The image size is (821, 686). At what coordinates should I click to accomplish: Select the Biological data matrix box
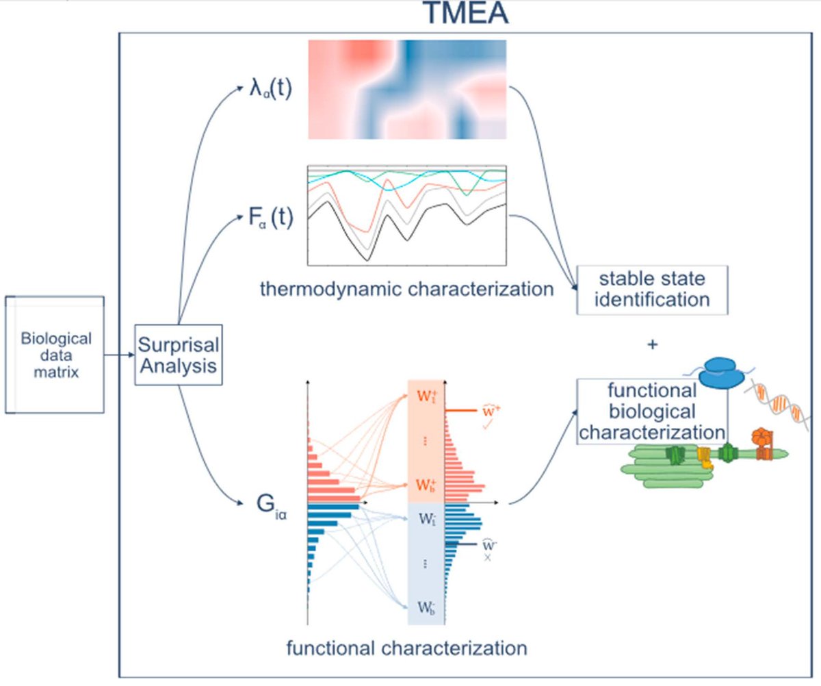(55, 355)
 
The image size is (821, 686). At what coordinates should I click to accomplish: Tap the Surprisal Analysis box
(179, 355)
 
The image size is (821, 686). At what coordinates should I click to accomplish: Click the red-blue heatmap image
(407, 89)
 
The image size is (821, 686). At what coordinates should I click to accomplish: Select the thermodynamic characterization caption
(406, 289)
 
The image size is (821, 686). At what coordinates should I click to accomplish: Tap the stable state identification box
(651, 290)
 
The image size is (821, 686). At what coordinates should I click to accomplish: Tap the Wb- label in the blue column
(426, 607)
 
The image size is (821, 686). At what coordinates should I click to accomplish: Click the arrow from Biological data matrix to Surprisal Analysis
(119, 355)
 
